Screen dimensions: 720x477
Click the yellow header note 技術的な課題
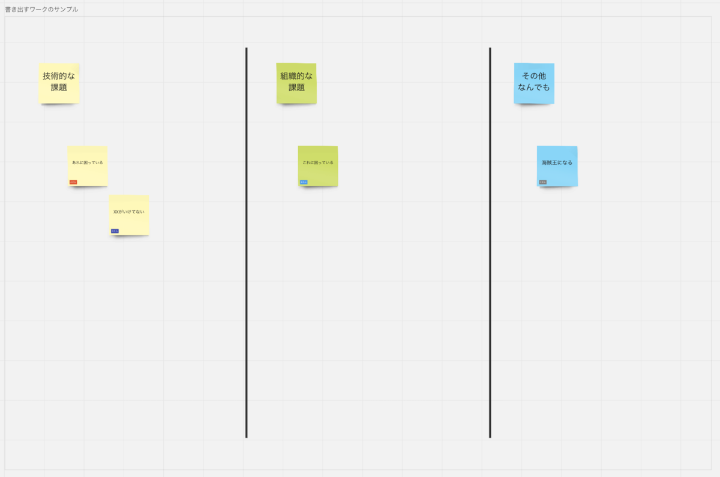pos(59,83)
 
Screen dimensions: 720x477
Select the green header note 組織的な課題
pos(296,83)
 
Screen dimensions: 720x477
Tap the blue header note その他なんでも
pos(534,83)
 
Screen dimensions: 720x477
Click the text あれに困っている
pos(88,162)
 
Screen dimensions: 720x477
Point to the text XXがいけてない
pos(129,212)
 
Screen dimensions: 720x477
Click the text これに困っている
pos(318,162)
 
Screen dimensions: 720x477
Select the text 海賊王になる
pos(557,162)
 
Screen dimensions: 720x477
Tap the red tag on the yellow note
pos(73,182)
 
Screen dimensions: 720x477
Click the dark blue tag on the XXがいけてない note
pos(115,231)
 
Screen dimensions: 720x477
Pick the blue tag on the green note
pos(304,182)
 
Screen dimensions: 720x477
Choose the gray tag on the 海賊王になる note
pos(542,182)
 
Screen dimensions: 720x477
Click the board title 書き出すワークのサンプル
pos(41,10)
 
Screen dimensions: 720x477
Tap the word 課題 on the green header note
pos(296,88)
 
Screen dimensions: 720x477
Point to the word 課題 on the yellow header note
pos(59,88)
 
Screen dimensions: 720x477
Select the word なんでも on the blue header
pos(534,88)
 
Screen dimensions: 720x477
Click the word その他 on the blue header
pos(534,76)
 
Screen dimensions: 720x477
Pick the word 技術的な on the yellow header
pos(59,76)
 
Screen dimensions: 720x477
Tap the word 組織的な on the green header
pos(296,76)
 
